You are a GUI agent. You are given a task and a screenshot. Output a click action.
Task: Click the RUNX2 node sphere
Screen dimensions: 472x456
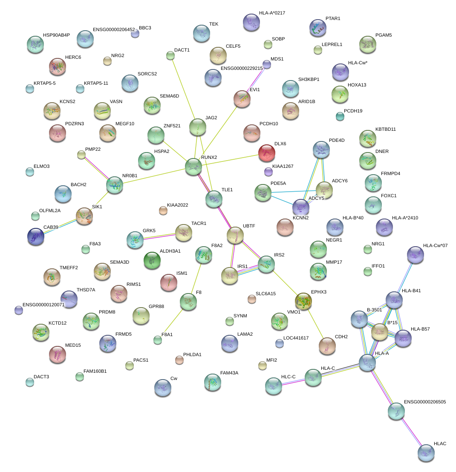click(193, 166)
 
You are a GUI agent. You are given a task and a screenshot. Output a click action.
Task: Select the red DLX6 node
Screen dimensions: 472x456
click(267, 153)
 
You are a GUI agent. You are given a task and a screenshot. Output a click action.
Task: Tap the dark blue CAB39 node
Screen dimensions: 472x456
click(35, 236)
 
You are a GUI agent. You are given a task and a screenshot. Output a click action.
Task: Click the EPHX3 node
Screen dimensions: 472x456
click(303, 301)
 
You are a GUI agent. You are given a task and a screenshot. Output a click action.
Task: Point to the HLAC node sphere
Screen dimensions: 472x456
click(426, 453)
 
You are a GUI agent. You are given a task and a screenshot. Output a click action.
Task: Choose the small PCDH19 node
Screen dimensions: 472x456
click(340, 116)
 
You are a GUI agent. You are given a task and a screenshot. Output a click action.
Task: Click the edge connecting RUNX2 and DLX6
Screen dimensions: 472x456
click(230, 159)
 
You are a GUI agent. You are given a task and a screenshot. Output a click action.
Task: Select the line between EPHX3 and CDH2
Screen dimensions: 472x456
click(315, 324)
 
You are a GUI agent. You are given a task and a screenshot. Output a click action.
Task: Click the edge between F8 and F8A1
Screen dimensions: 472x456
click(173, 320)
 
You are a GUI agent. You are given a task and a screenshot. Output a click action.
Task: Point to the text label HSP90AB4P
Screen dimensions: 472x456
click(56, 35)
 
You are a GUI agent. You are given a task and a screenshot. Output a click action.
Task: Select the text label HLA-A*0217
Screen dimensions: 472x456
click(272, 13)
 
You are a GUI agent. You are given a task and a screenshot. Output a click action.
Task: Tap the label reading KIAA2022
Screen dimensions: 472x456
click(178, 205)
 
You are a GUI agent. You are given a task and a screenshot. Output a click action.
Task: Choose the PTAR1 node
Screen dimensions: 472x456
click(318, 28)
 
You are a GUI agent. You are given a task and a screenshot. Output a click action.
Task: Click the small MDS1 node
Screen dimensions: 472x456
click(267, 64)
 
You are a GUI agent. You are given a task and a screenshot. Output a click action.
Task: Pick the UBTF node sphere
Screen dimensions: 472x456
click(235, 235)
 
